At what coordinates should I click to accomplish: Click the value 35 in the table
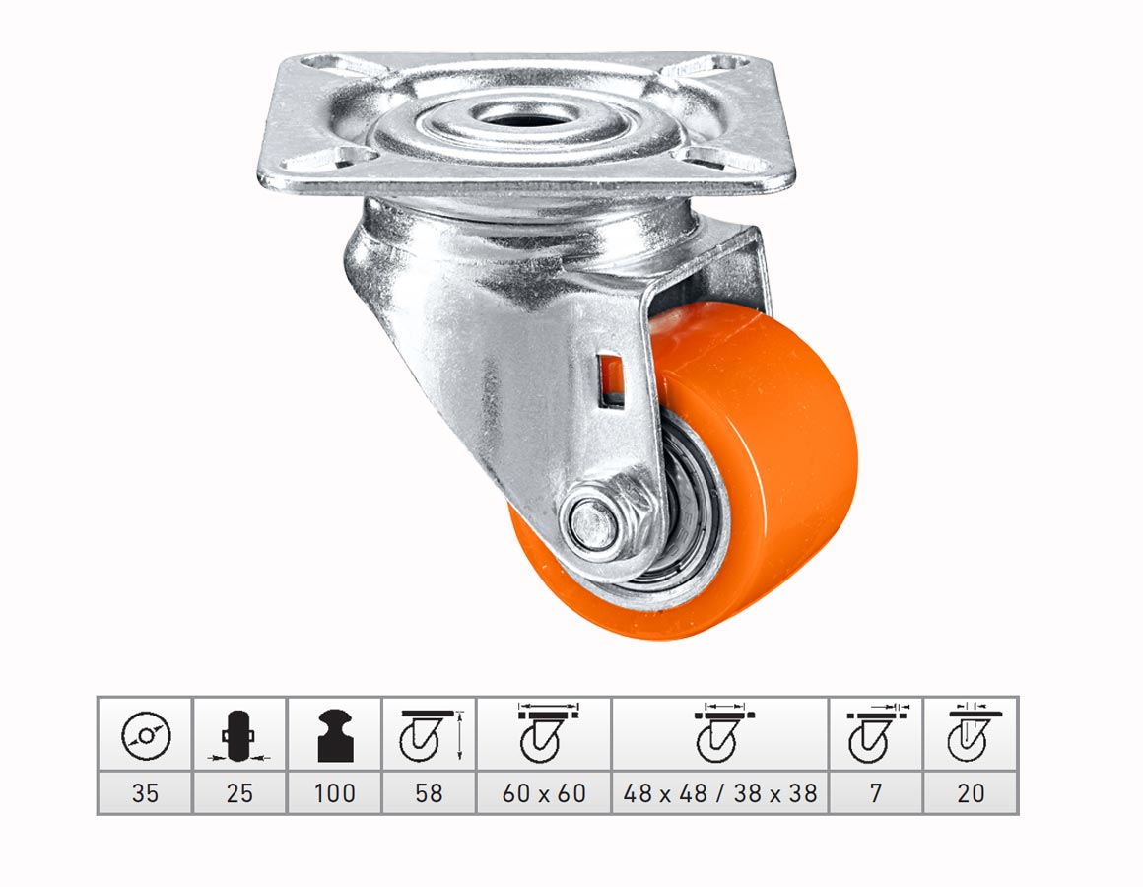pyautogui.click(x=145, y=793)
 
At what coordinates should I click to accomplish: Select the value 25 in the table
pyautogui.click(x=239, y=793)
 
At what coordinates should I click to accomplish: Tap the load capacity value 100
pyautogui.click(x=335, y=793)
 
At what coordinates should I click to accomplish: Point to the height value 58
pyautogui.click(x=429, y=793)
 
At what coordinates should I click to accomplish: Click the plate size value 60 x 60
pyautogui.click(x=544, y=793)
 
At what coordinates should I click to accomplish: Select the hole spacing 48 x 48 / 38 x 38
pyautogui.click(x=720, y=793)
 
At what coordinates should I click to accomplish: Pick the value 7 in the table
pyautogui.click(x=875, y=793)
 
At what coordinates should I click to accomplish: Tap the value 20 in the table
pyautogui.click(x=971, y=793)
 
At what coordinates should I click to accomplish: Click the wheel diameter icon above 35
pyautogui.click(x=146, y=735)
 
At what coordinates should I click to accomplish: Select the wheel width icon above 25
pyautogui.click(x=238, y=736)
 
